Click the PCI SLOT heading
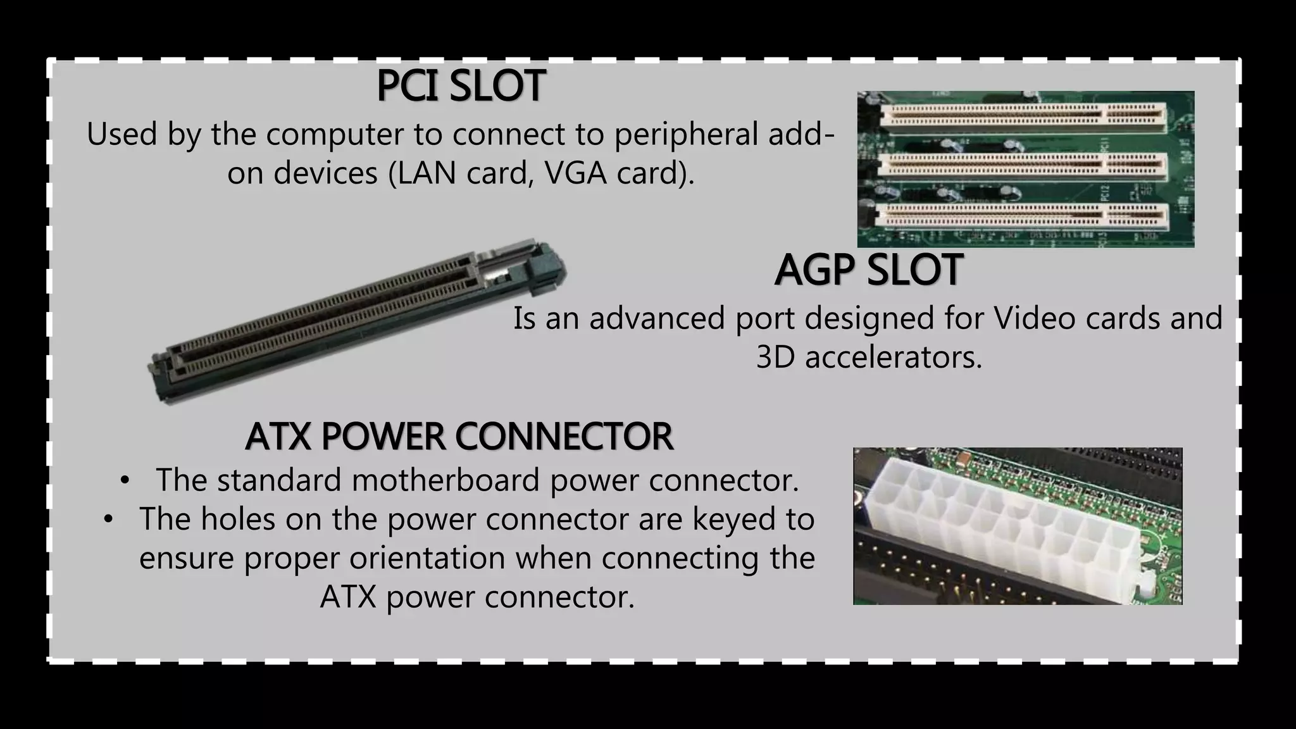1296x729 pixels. (x=461, y=86)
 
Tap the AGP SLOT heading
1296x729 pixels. (x=868, y=270)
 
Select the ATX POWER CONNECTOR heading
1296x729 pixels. (x=459, y=437)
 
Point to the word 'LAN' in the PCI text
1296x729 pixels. (x=427, y=173)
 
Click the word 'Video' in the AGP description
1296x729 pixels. (x=1035, y=318)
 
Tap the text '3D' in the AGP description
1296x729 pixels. (x=775, y=358)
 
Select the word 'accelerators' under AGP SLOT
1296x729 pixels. (x=893, y=358)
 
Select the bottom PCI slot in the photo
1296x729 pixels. (x=1024, y=217)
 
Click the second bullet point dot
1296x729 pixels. (x=108, y=520)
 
